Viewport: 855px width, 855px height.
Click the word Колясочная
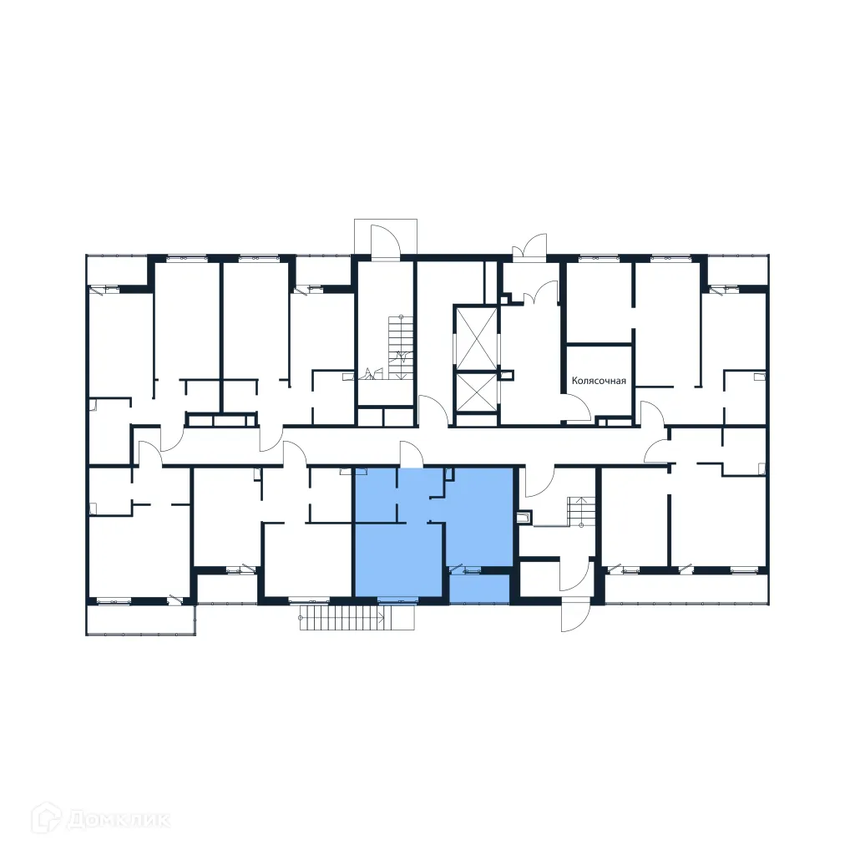pyautogui.click(x=599, y=381)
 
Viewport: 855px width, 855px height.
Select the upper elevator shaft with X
pyautogui.click(x=475, y=336)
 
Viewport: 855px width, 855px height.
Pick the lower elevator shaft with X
pyautogui.click(x=475, y=392)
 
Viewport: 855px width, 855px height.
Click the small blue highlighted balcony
pyautogui.click(x=479, y=589)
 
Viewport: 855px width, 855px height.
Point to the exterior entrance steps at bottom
pyautogui.click(x=342, y=619)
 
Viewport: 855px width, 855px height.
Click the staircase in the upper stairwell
pyautogui.click(x=400, y=345)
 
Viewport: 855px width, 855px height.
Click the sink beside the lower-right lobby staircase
pyautogui.click(x=524, y=519)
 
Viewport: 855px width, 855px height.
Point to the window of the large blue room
pyautogui.click(x=397, y=599)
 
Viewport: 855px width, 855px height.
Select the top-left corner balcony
pyautogui.click(x=117, y=271)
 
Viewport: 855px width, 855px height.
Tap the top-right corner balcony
pyautogui.click(x=736, y=270)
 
